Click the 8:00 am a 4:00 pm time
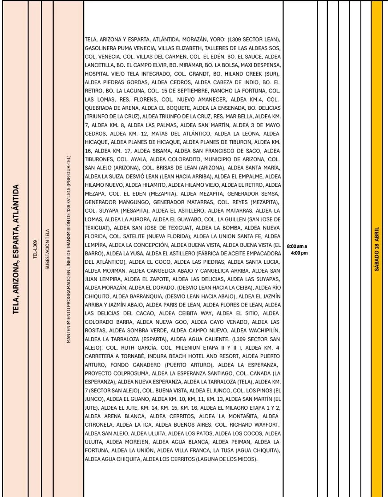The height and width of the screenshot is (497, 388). [299, 249]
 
